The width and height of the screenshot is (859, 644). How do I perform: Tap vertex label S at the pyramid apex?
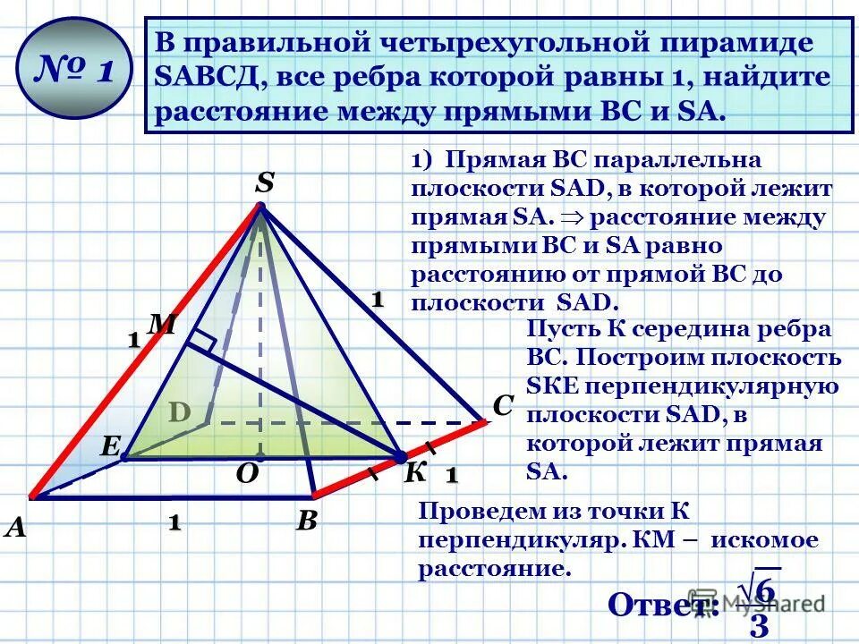click(265, 183)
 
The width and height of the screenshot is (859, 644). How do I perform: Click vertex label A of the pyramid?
click(15, 528)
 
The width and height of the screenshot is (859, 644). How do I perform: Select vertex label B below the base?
click(307, 521)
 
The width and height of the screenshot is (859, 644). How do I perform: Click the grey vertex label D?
click(181, 412)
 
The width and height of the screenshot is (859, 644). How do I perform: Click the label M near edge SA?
click(161, 325)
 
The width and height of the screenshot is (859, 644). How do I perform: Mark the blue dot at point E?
click(125, 457)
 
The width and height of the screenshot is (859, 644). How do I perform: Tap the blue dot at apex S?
click(261, 208)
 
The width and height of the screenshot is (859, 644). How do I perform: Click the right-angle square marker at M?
click(203, 340)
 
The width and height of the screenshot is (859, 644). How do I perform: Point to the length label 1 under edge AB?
click(172, 522)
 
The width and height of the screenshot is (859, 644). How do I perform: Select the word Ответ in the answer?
click(663, 606)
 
